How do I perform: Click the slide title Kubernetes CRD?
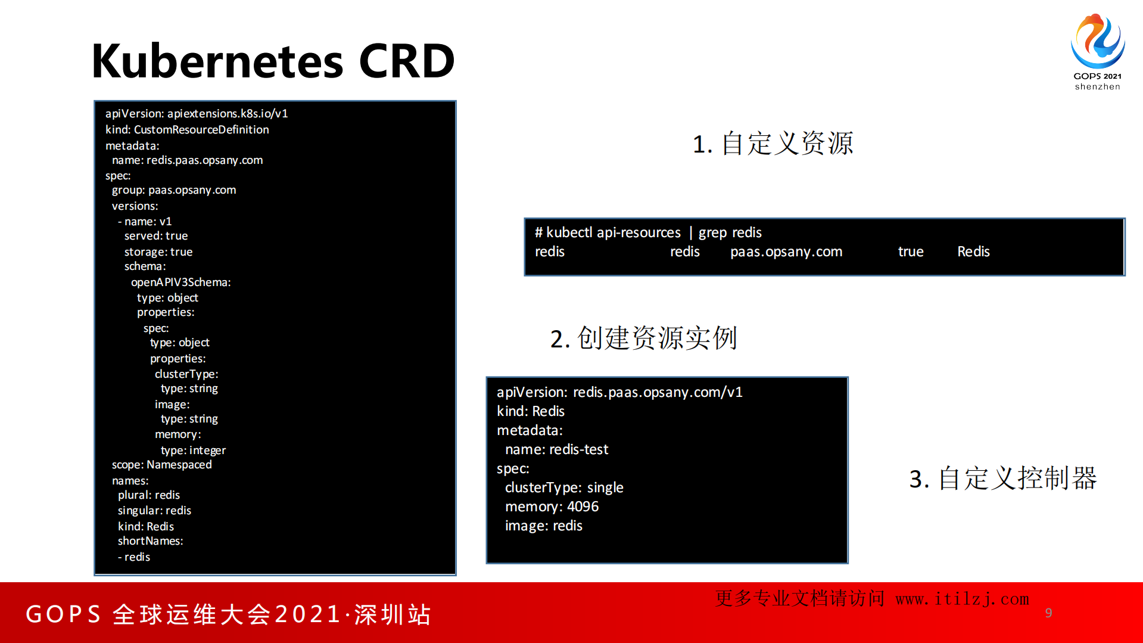coord(273,61)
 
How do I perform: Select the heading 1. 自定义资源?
coord(773,144)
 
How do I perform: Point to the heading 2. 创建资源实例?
coord(643,338)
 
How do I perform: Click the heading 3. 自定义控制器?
coord(1002,478)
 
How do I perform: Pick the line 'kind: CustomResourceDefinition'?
coord(187,129)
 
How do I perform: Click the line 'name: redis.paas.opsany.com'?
coord(187,160)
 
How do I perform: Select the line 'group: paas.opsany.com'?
coord(174,190)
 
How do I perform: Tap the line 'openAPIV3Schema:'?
coord(180,282)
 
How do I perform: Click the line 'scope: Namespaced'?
coord(161,464)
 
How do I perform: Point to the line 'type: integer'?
coord(193,450)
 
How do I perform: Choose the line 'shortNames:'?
coord(150,541)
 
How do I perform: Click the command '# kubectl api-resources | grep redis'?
coord(648,232)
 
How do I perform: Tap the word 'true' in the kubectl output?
coord(911,251)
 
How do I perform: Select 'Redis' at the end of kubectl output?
coord(973,251)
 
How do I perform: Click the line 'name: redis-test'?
coord(556,449)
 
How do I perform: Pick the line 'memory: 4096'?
coord(552,507)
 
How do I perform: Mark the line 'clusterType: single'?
coord(564,487)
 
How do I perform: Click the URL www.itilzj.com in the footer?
coord(962,599)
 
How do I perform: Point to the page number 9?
coord(1048,613)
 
